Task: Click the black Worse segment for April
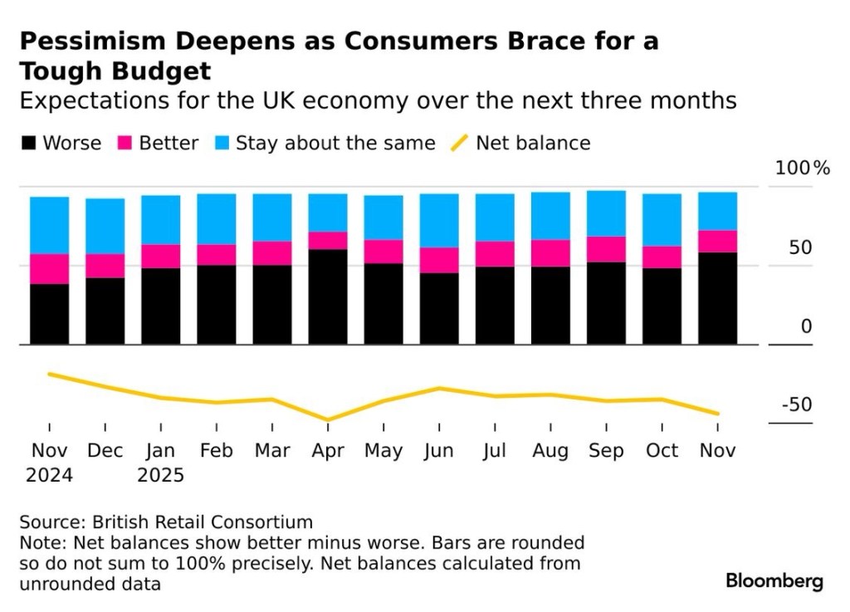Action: [x=328, y=296]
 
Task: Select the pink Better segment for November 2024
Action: [x=49, y=269]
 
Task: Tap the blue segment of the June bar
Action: [x=439, y=221]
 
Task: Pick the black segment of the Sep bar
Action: [x=606, y=303]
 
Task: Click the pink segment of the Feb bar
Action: [x=217, y=255]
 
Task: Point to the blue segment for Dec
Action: [x=105, y=226]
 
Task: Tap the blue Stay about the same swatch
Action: [x=222, y=144]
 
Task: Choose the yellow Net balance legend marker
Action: [x=459, y=143]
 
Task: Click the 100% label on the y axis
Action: [x=802, y=169]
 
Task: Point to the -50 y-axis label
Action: [x=796, y=405]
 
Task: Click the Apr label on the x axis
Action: [x=328, y=451]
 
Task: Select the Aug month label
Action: [x=550, y=451]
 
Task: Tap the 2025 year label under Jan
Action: [x=160, y=476]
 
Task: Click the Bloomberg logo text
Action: [x=774, y=580]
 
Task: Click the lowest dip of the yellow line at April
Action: [x=328, y=421]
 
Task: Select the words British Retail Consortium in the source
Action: [x=203, y=522]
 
